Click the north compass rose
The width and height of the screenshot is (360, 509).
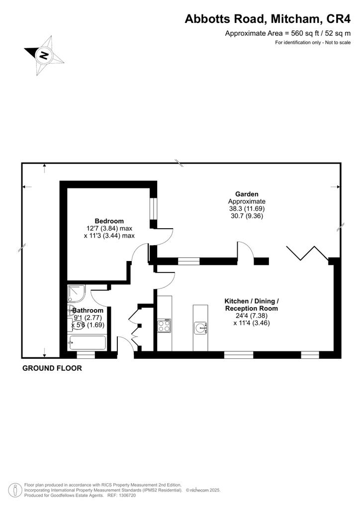click(44, 55)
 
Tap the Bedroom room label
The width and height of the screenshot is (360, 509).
click(109, 221)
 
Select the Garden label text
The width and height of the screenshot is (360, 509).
click(247, 194)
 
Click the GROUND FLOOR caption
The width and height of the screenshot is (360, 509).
click(52, 368)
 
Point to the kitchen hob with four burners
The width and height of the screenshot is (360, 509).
click(164, 326)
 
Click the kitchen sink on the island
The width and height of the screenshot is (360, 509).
click(200, 328)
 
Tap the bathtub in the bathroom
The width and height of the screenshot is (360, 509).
click(87, 343)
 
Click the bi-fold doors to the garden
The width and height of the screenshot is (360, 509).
click(307, 253)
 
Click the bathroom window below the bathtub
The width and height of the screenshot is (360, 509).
click(86, 354)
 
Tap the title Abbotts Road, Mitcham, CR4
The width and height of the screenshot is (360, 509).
click(268, 19)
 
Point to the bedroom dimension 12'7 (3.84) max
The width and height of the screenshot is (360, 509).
click(109, 228)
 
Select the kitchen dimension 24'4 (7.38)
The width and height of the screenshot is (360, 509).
click(251, 316)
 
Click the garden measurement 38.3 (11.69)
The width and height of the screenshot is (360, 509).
click(247, 209)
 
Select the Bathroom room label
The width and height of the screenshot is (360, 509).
click(88, 311)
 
